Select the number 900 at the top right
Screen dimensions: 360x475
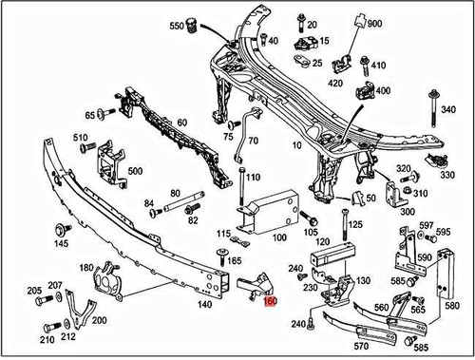pos(373,23)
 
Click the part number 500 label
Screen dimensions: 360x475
pos(135,172)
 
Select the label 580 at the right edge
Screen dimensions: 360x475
pos(450,306)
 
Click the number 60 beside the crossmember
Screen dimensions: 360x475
pos(181,123)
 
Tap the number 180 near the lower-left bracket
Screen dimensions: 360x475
pos(85,269)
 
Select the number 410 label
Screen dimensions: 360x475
pos(379,66)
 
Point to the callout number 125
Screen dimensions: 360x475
pos(355,225)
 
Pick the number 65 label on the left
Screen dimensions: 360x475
pos(89,115)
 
